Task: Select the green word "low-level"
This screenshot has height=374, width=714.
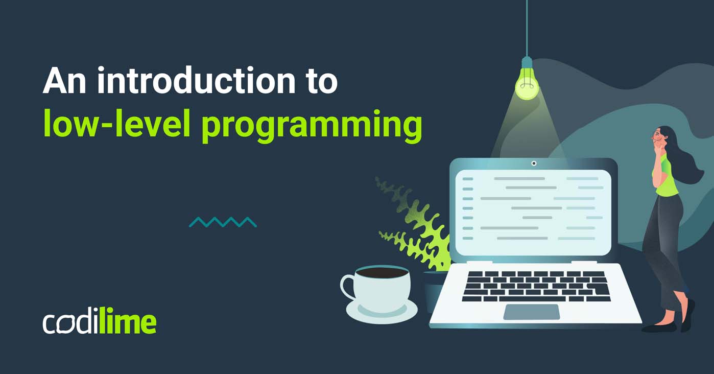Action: click(x=117, y=124)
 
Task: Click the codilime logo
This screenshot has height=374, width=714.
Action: click(x=100, y=320)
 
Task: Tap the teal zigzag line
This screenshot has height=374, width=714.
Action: click(x=223, y=222)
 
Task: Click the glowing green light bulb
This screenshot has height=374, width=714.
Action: click(x=527, y=83)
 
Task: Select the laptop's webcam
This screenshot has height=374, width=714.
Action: click(x=534, y=163)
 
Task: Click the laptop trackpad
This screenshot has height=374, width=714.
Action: click(x=532, y=312)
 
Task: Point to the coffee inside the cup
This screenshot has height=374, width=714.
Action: click(x=382, y=273)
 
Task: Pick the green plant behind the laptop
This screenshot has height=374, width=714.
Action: click(x=414, y=223)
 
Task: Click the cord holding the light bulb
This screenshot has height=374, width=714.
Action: click(x=527, y=28)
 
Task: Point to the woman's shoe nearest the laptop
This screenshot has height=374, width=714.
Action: click(x=658, y=328)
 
